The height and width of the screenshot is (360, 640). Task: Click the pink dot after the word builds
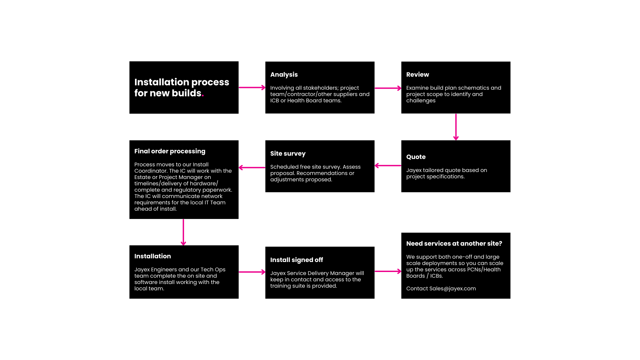tap(203, 96)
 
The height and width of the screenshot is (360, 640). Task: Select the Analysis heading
tap(284, 75)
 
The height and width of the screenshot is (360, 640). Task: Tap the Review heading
tap(418, 75)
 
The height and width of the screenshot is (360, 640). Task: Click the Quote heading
tap(416, 157)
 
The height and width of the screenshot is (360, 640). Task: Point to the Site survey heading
tap(288, 154)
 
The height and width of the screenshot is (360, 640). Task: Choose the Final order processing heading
tap(170, 151)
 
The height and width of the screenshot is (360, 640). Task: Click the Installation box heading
tap(153, 256)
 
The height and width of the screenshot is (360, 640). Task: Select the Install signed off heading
tap(297, 260)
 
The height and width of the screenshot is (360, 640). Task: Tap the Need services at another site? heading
tap(454, 244)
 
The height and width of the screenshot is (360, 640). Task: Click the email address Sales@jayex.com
tap(453, 289)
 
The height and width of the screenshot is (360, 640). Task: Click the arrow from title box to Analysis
tap(252, 88)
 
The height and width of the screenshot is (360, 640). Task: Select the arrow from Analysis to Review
tap(388, 88)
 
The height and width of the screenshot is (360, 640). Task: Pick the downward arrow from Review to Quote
tap(456, 127)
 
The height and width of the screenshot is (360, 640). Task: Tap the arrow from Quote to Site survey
tap(388, 166)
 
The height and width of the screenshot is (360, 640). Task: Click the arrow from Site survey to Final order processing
tap(252, 168)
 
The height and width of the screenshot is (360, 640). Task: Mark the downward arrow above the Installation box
tap(183, 232)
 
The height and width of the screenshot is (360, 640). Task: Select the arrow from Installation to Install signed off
tap(252, 272)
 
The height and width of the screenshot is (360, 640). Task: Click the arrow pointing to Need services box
tap(388, 271)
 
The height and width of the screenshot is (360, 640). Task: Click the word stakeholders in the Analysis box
tap(320, 88)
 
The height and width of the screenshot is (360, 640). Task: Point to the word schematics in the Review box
tap(472, 88)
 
